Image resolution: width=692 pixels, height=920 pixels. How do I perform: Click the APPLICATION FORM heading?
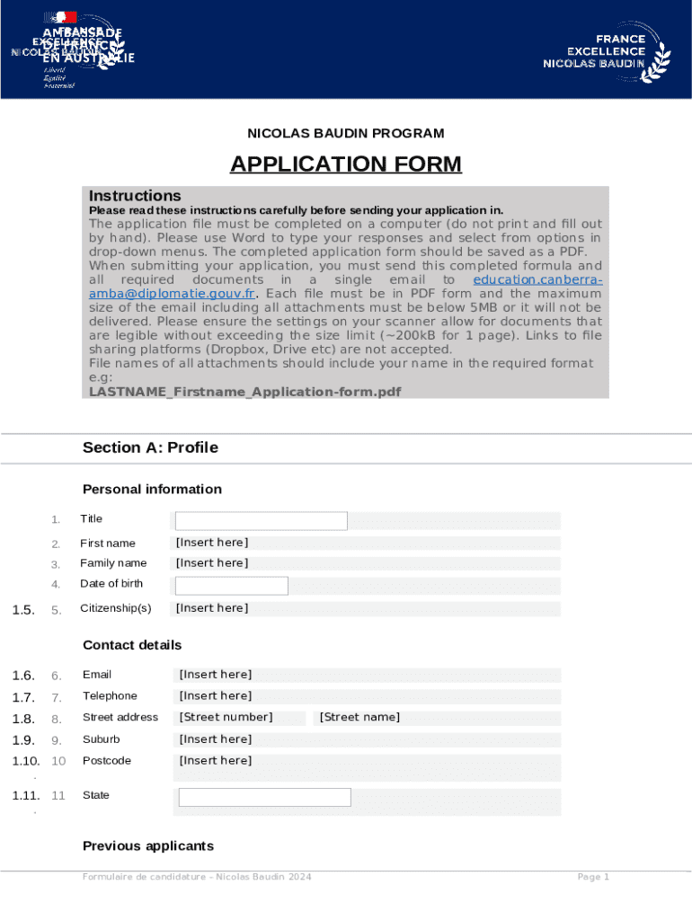point(345,164)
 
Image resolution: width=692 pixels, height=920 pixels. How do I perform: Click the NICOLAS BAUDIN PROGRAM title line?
point(345,134)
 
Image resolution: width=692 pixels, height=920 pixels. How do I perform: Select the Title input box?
point(261,521)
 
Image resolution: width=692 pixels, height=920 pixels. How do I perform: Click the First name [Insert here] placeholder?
point(212,543)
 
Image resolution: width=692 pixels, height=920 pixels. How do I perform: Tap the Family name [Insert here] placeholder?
point(212,563)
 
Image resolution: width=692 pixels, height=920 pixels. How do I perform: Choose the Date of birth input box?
point(231,586)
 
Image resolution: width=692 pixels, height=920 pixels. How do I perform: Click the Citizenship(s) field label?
point(116,608)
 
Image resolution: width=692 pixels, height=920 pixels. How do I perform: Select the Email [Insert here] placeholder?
point(216,675)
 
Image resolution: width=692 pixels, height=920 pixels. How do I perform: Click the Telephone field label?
point(110,696)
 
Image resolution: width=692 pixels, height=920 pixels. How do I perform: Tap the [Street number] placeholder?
point(226,717)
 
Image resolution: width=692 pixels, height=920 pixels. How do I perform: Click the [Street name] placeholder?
point(359,717)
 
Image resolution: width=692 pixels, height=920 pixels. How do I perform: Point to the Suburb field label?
point(101,739)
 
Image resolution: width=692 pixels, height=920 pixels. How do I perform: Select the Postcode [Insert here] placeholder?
point(216,761)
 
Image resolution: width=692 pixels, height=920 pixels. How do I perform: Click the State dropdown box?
point(264,797)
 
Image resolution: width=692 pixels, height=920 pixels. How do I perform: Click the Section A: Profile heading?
point(150,447)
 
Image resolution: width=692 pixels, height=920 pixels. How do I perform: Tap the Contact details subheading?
point(132,645)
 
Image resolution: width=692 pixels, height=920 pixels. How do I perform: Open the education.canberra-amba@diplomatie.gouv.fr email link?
point(172,294)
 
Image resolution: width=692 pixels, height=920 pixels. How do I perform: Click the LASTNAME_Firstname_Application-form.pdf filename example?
point(244,392)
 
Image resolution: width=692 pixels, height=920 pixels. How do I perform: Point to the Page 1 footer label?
point(593,877)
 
